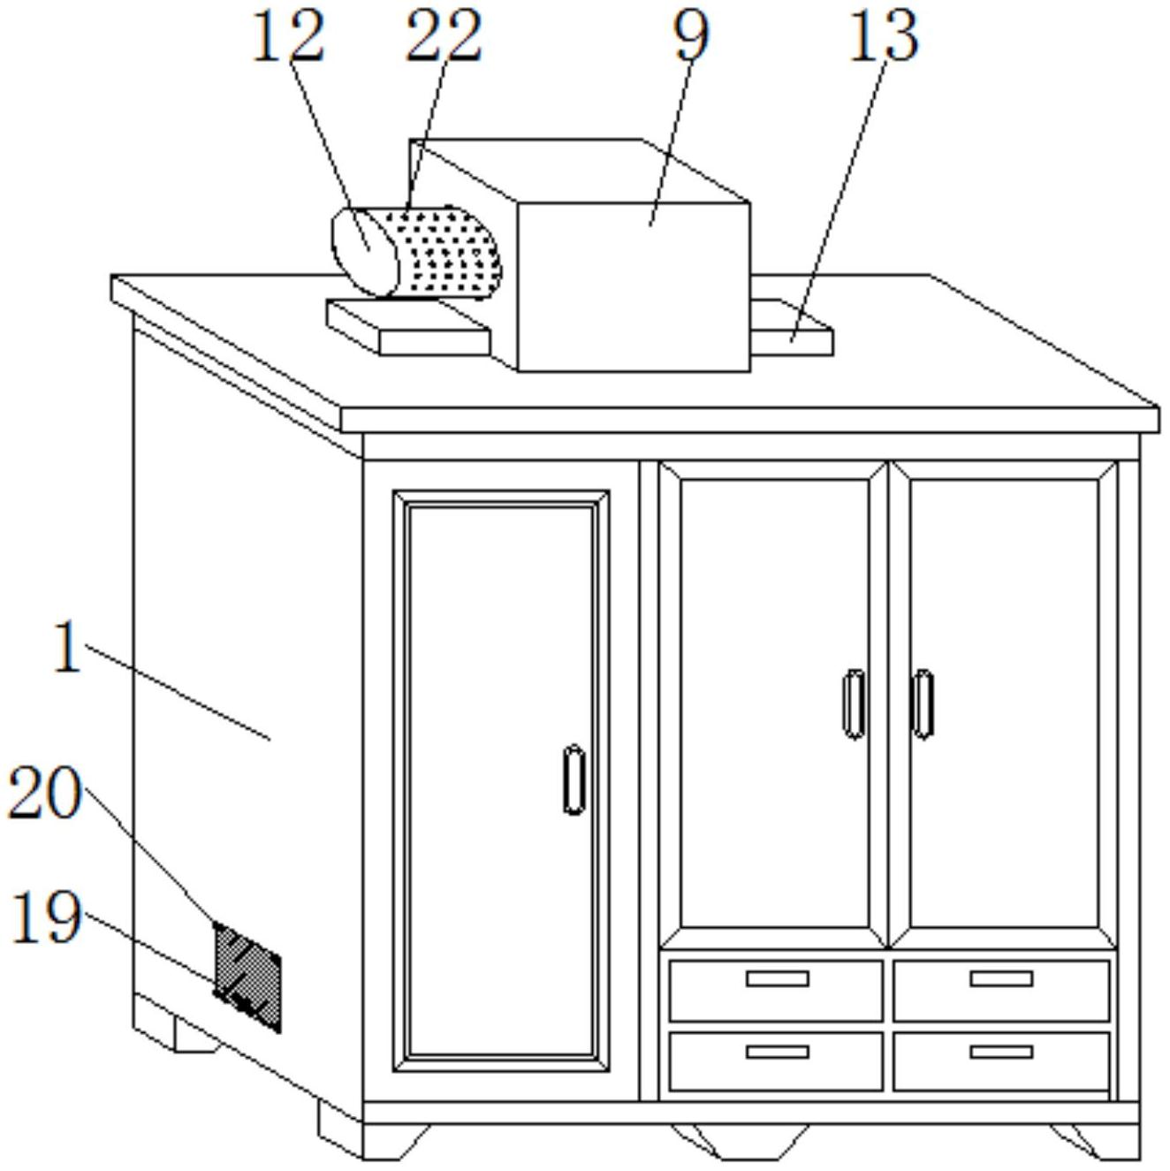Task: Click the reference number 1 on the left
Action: click(x=68, y=647)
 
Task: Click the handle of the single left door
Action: click(x=574, y=779)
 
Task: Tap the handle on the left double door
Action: click(x=854, y=705)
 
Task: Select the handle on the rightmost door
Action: click(x=923, y=705)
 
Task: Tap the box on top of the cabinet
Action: click(x=632, y=285)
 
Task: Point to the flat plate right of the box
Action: click(x=792, y=328)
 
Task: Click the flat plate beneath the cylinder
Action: click(x=407, y=328)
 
